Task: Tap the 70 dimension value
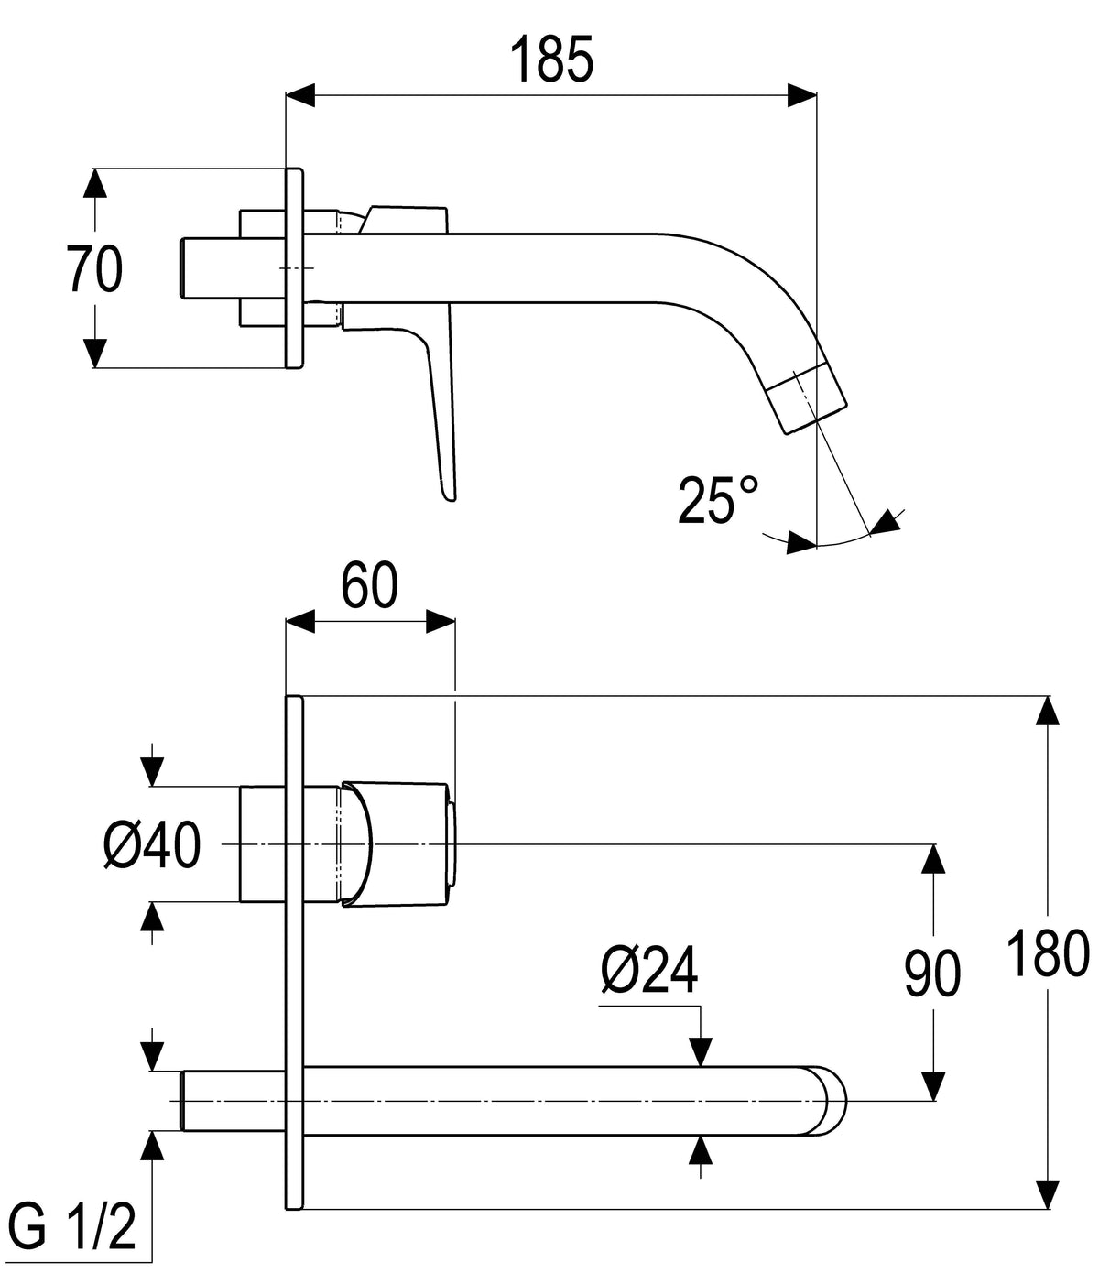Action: pyautogui.click(x=94, y=269)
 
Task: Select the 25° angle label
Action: pyautogui.click(x=717, y=500)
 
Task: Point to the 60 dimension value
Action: pyautogui.click(x=369, y=585)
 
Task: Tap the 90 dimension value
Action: pyautogui.click(x=932, y=974)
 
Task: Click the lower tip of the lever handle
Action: pyautogui.click(x=449, y=497)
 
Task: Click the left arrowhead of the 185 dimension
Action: pyautogui.click(x=300, y=95)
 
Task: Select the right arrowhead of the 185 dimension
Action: pyautogui.click(x=802, y=95)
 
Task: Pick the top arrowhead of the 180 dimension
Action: pyautogui.click(x=1048, y=710)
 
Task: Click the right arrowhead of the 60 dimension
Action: pyautogui.click(x=441, y=622)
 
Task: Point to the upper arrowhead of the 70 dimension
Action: pyautogui.click(x=94, y=182)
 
